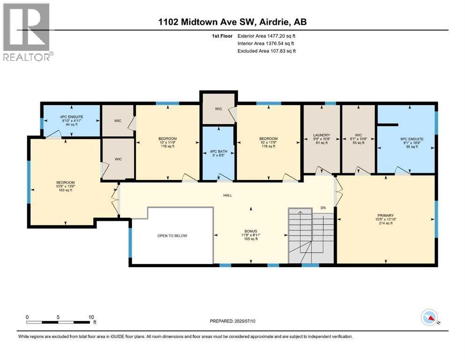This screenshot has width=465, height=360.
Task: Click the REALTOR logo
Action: point(28,32)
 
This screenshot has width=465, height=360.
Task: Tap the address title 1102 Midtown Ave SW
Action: point(207,22)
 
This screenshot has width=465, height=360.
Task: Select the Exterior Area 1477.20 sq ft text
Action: point(266,36)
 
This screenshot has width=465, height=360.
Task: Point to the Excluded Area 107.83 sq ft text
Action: point(266,51)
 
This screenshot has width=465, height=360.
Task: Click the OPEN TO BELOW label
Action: point(172,236)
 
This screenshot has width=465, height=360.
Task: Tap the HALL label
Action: point(228,195)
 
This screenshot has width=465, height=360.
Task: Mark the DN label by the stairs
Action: point(323,208)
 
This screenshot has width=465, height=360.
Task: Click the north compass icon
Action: point(430,318)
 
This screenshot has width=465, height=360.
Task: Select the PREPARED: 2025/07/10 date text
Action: point(232,321)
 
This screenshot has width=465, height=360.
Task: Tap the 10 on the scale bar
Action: point(91,317)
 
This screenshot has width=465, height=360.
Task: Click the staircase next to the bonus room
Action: point(311,236)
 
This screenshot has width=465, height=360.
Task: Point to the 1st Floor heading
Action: point(222,36)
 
